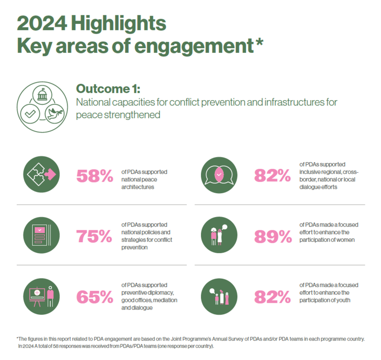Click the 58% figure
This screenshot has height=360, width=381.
(x=94, y=176)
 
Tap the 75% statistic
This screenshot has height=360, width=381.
(x=94, y=236)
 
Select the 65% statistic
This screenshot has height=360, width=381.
(x=94, y=297)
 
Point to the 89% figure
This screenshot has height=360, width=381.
(x=272, y=236)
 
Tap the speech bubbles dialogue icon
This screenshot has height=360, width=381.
(x=219, y=175)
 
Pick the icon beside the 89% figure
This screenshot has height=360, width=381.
(x=219, y=236)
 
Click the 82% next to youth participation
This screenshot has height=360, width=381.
(x=272, y=297)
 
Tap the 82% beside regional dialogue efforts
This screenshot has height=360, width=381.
(x=272, y=176)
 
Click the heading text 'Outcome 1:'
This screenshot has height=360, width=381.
(x=108, y=89)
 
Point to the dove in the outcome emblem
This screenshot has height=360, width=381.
(x=54, y=113)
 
